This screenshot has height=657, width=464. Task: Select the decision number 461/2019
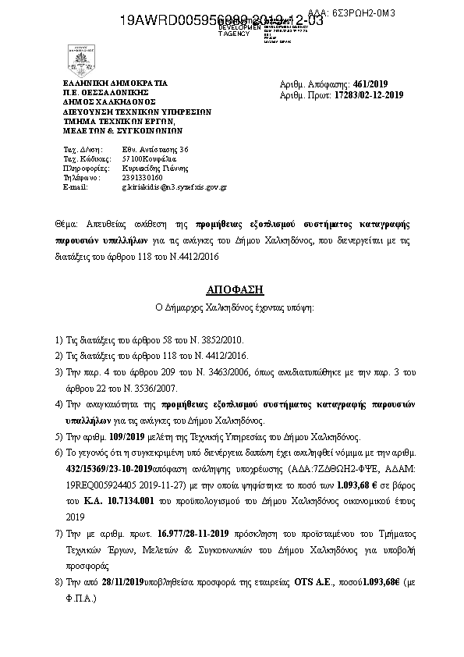[375, 84]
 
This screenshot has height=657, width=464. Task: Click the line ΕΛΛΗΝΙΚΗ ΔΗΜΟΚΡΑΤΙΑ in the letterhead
[115, 83]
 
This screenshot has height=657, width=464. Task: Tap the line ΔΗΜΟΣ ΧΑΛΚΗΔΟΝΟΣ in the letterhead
[110, 101]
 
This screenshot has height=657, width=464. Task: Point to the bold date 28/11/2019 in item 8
[120, 582]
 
